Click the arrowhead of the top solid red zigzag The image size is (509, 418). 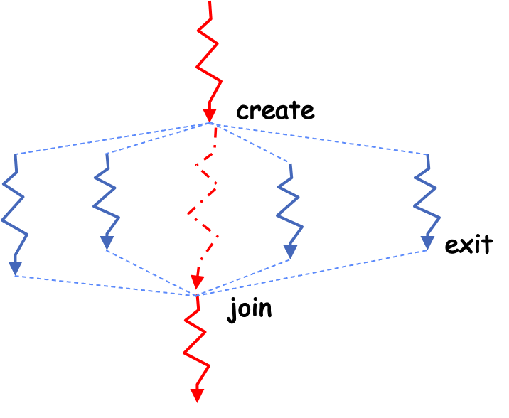click(x=210, y=114)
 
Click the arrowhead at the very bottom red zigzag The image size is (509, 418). click(x=197, y=395)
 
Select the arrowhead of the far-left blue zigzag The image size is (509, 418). click(x=15, y=268)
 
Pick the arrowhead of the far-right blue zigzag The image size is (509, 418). click(x=427, y=243)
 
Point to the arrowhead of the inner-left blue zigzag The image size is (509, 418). click(x=107, y=243)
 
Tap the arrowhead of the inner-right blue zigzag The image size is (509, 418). click(x=290, y=252)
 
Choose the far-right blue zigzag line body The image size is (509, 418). click(x=427, y=199)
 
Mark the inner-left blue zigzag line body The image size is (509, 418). click(x=105, y=199)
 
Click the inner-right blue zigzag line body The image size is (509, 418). click(x=290, y=206)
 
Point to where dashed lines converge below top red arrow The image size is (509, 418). click(x=211, y=124)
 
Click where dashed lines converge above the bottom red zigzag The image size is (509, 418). click(x=197, y=294)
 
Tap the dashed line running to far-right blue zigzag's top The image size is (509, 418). click(x=320, y=139)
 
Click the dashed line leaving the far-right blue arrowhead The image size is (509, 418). click(x=313, y=272)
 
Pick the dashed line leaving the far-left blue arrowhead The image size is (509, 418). click(x=107, y=285)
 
